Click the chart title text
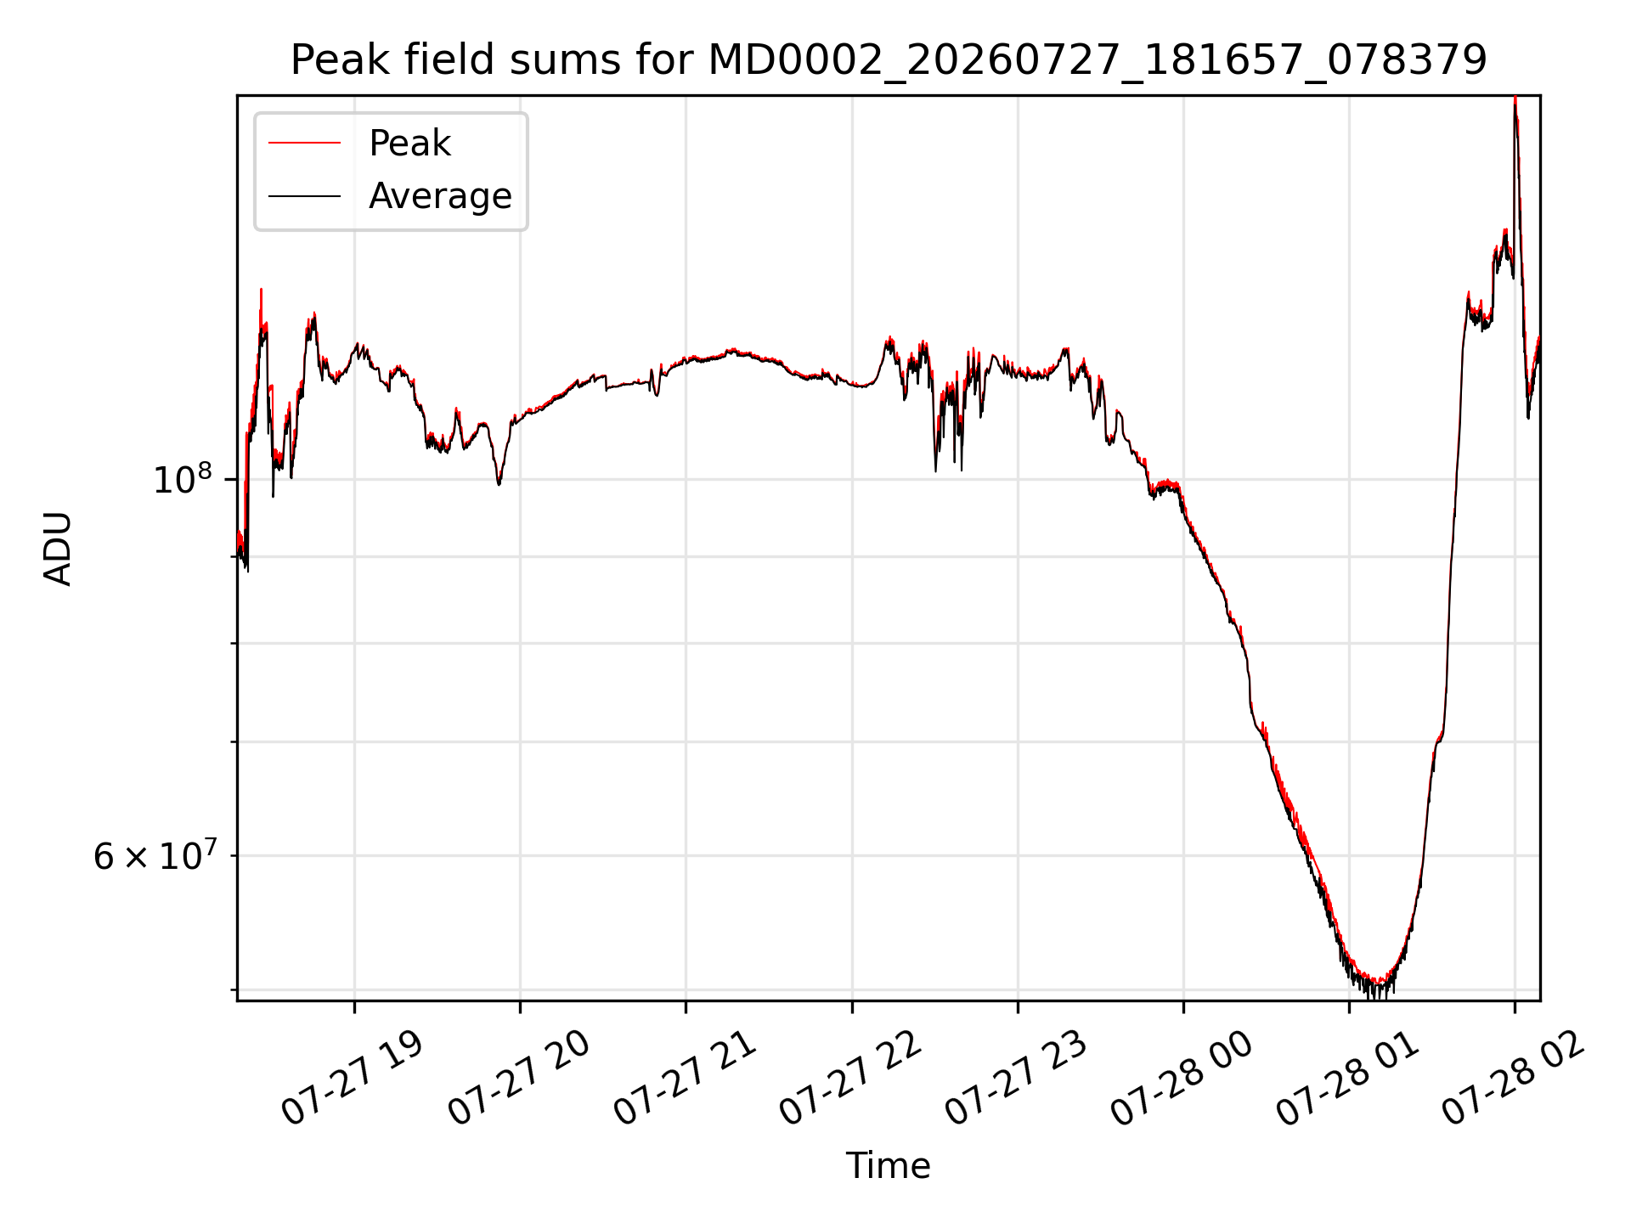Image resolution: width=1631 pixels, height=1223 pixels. (889, 60)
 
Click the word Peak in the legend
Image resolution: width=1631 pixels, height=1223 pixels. (409, 144)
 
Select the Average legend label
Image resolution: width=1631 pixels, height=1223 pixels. (440, 196)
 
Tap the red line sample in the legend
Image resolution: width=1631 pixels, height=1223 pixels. (304, 144)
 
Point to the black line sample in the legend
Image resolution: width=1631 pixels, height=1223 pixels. (304, 196)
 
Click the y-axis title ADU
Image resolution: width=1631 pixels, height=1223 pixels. (58, 548)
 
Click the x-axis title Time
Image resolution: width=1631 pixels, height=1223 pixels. (888, 1166)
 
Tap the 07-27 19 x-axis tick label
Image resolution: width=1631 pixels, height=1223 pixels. (352, 1079)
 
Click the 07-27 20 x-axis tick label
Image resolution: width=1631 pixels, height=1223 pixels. (518, 1079)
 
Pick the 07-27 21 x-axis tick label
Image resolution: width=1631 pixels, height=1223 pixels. (684, 1079)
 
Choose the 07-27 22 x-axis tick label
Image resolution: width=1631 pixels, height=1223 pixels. (849, 1079)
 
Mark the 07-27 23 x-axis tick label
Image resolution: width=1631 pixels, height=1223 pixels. (1015, 1079)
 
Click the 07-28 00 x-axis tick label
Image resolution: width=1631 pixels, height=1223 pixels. (1181, 1079)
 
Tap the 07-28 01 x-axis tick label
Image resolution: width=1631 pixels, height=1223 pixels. (1347, 1079)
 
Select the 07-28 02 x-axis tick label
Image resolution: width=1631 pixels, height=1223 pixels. (1513, 1079)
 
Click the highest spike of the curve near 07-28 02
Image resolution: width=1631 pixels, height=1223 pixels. (1515, 99)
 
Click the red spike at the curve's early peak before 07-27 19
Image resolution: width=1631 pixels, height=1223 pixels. (261, 290)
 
